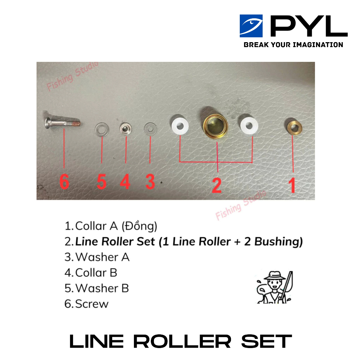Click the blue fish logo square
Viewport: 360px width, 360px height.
click(x=251, y=26)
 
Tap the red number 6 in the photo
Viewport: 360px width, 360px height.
click(x=64, y=181)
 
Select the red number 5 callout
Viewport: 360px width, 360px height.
click(x=102, y=181)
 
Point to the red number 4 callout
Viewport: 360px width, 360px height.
click(x=126, y=181)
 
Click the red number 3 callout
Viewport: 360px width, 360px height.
click(x=150, y=181)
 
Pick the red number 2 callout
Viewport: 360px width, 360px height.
click(x=217, y=185)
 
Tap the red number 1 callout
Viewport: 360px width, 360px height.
click(x=292, y=185)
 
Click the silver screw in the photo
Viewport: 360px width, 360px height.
click(x=63, y=123)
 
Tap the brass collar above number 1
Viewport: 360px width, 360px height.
click(x=295, y=127)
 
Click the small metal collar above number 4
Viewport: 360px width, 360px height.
click(x=126, y=129)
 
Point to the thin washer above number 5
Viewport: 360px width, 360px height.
click(x=102, y=129)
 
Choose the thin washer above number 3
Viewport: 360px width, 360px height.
click(x=150, y=129)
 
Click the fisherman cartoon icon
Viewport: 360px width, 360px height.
click(x=275, y=287)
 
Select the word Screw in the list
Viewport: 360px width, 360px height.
click(x=92, y=304)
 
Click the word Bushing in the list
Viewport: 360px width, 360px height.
click(x=278, y=242)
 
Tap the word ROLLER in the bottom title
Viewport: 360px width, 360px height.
click(x=182, y=341)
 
